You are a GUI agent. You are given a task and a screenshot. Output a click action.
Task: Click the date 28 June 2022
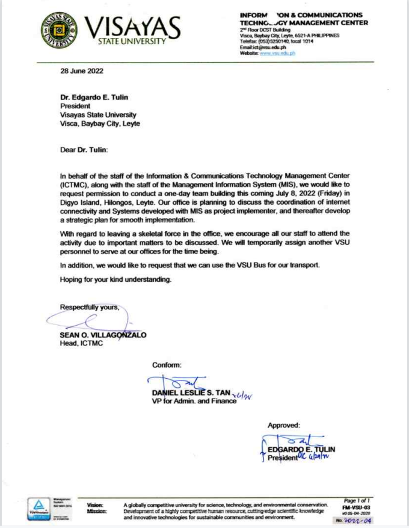(82, 71)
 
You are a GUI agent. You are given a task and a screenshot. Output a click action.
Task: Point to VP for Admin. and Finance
(194, 401)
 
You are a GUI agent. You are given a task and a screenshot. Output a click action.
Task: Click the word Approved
(284, 426)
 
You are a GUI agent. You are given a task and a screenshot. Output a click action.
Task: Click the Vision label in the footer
(95, 505)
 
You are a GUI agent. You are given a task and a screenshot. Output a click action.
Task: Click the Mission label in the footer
(97, 511)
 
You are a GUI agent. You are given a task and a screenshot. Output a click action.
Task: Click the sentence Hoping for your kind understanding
(115, 279)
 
